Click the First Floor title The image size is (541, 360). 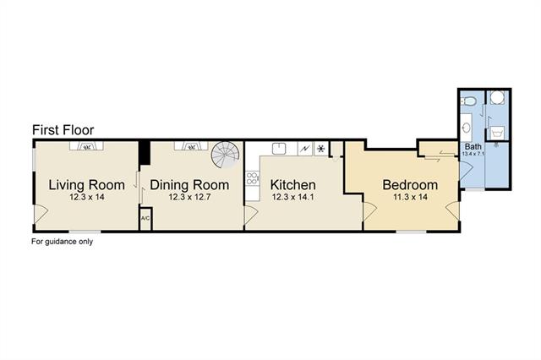pos(63,130)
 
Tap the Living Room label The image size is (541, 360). pos(86,185)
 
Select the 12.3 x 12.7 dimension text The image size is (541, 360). pos(189,197)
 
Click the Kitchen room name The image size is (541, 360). pos(293,185)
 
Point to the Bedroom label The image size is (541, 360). pos(410,185)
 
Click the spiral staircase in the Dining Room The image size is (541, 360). pos(226,155)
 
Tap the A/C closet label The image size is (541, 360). pos(145,218)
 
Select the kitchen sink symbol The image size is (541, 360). pos(279,149)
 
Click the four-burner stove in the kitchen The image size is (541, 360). pos(252,178)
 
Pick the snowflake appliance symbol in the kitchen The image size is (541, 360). pos(321,149)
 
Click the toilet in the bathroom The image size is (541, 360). pos(468,101)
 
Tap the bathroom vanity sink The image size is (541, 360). pos(467,128)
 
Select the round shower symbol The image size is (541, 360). pos(498,97)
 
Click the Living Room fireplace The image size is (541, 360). pos(87,146)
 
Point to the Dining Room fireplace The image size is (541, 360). pos(191,146)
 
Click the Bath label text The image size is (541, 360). pos(473,146)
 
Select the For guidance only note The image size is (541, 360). pos(62,242)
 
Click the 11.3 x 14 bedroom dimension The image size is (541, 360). pos(410,197)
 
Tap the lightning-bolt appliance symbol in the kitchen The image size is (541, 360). pos(305,149)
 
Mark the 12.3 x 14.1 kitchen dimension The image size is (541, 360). pos(293,197)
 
